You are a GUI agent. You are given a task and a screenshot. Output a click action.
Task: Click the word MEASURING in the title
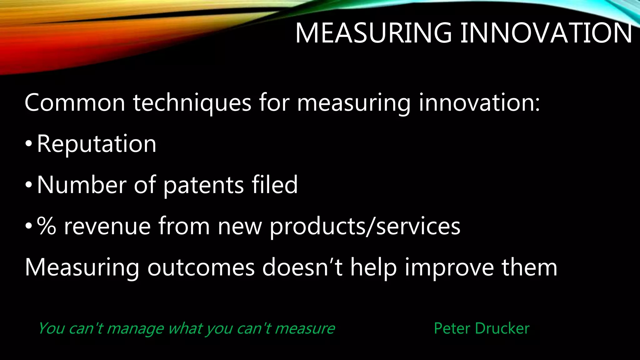[x=373, y=33]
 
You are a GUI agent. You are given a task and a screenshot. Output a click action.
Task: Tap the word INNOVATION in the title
[x=546, y=33]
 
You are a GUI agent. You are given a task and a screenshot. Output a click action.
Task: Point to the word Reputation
[x=97, y=144]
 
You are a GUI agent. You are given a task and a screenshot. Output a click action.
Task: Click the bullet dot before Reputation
[x=28, y=144]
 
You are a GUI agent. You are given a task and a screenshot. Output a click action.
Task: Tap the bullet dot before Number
[x=28, y=185]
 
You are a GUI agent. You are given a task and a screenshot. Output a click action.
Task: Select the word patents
[x=203, y=185]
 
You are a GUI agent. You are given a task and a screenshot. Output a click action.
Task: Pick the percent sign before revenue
[x=47, y=226]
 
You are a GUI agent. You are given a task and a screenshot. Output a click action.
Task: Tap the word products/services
[x=365, y=227]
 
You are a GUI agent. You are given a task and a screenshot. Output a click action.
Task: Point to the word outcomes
[x=201, y=268]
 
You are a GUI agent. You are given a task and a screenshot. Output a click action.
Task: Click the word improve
[x=449, y=268]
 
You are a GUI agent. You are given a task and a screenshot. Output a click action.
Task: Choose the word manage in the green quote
[x=135, y=328]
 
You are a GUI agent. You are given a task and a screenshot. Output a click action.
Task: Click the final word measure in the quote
[x=305, y=328]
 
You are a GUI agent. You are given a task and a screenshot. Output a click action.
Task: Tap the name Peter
[x=452, y=328]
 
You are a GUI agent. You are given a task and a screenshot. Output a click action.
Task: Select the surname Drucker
[x=502, y=328]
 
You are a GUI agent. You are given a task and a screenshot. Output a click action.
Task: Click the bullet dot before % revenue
[x=28, y=227]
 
